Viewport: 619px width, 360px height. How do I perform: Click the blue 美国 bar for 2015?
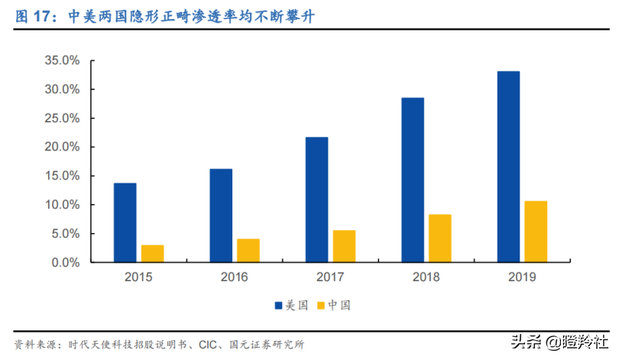[125, 222]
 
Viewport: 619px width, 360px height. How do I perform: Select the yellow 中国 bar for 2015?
[152, 254]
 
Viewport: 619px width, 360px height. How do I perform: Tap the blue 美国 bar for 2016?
[221, 216]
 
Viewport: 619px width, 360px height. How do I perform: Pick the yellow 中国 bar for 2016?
[248, 251]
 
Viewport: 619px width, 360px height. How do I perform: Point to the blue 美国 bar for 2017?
[316, 199]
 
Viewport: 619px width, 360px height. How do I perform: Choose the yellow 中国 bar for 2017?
[344, 246]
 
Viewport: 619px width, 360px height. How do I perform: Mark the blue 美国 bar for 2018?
[412, 180]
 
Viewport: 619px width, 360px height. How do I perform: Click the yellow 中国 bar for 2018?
[439, 238]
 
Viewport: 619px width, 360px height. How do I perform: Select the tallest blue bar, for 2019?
[508, 167]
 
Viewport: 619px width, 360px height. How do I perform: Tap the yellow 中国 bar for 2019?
[536, 232]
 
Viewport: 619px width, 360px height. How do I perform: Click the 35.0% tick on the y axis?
[62, 60]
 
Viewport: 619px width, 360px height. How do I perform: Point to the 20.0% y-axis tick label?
[62, 147]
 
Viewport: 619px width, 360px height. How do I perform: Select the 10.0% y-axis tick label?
[62, 205]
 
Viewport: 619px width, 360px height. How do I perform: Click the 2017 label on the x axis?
[330, 277]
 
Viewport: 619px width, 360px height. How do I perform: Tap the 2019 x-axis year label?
[522, 277]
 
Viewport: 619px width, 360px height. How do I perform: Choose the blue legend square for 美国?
[279, 306]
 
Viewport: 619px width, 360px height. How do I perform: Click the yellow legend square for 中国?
[321, 306]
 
